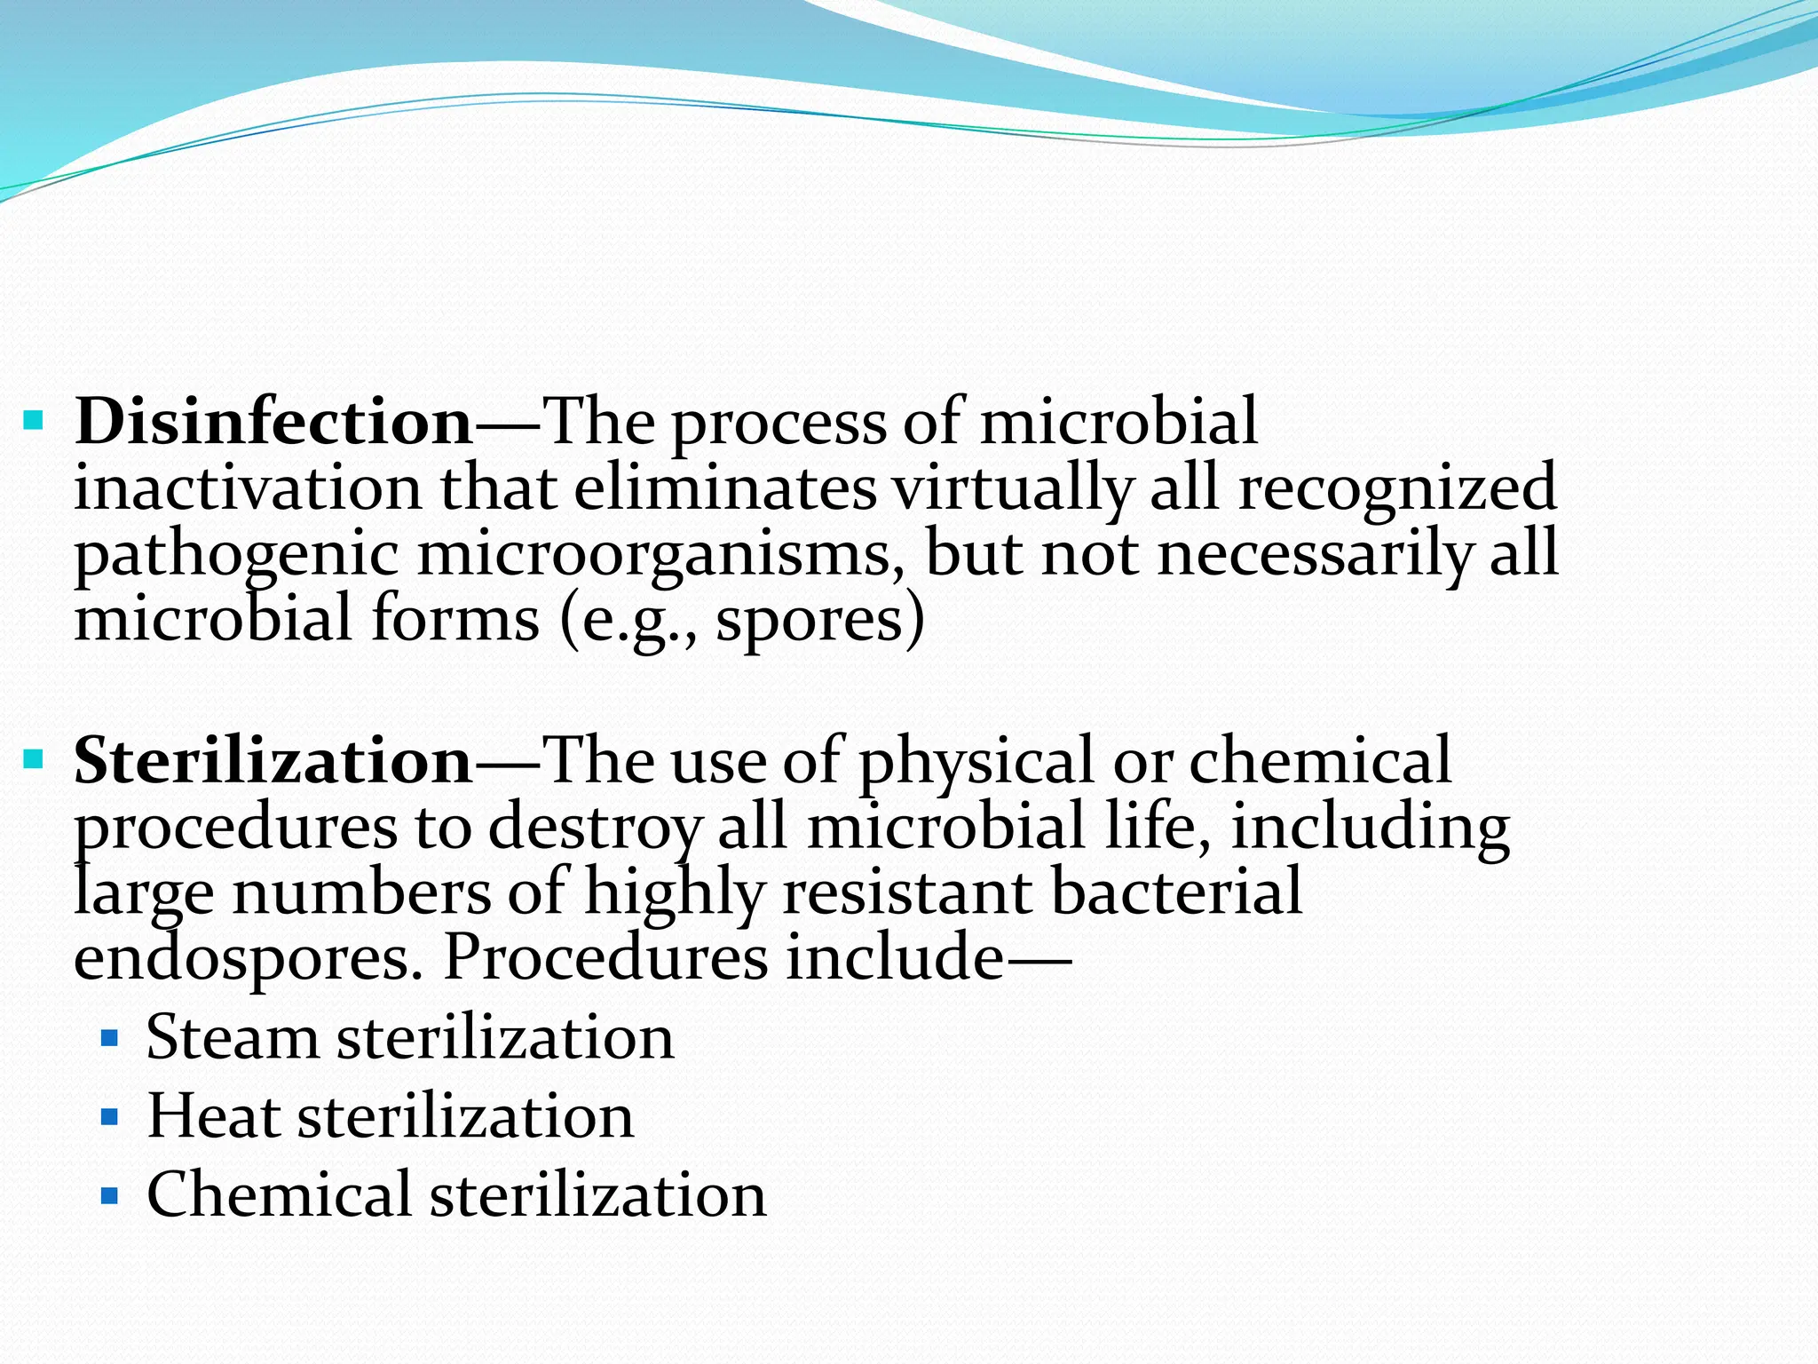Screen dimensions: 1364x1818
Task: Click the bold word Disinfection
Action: point(273,421)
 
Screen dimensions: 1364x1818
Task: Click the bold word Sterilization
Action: point(273,761)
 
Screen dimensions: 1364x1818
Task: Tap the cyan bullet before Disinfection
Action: point(34,419)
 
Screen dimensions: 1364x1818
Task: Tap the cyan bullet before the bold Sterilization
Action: point(34,759)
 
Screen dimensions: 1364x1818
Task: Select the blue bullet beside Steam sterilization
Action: point(109,1037)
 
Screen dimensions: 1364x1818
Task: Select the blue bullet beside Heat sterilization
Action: point(109,1116)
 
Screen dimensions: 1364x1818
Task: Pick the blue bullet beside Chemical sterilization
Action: point(109,1195)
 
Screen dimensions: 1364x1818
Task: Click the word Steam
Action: point(233,1037)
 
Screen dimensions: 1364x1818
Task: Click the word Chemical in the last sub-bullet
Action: point(279,1195)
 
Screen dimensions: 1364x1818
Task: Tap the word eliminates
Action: point(725,488)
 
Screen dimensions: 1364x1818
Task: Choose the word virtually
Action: point(1012,488)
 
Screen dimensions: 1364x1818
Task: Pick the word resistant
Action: point(907,893)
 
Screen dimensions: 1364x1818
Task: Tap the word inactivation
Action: point(248,488)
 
